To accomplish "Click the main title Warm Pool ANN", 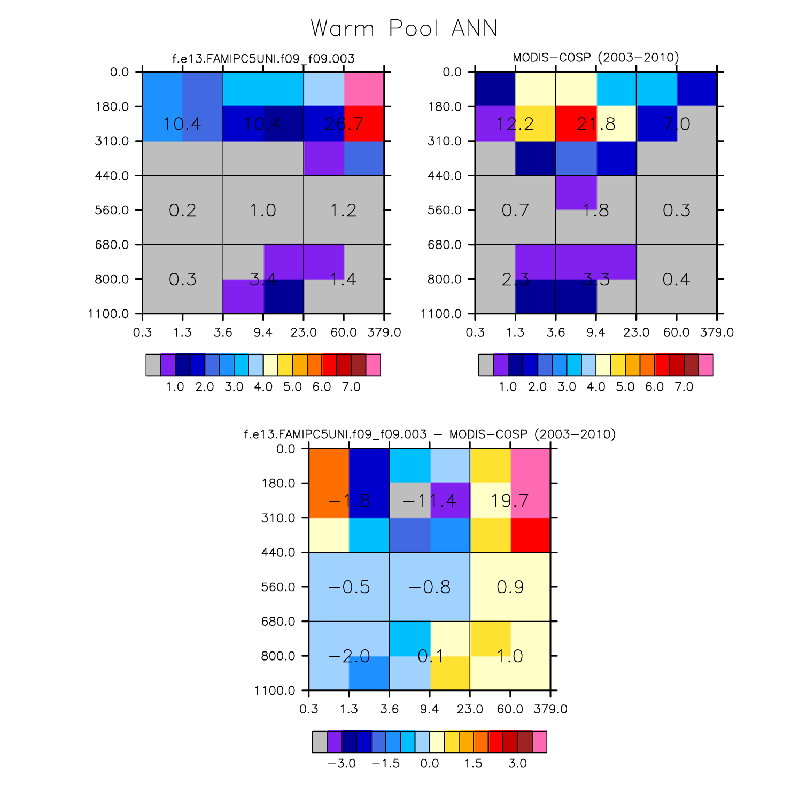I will (x=403, y=28).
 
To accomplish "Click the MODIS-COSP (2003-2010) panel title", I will (x=595, y=58).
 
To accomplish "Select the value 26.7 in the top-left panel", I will (x=344, y=124).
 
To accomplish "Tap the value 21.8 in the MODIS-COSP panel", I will (x=596, y=124).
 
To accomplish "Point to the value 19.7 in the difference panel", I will (x=510, y=501).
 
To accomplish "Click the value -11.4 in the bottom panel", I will (x=430, y=501).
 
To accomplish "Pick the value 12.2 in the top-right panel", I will (x=515, y=124).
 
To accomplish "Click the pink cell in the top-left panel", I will (x=364, y=89).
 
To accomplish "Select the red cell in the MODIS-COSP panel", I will (x=576, y=123).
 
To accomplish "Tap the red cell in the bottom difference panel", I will (x=531, y=535).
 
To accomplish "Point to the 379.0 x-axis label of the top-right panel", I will (x=717, y=332).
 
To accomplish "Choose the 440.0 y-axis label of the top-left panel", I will (x=112, y=176).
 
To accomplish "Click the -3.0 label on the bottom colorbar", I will (x=342, y=764).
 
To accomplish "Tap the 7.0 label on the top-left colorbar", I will (x=351, y=387).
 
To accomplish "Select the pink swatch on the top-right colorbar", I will (x=706, y=365).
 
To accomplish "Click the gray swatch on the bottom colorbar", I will (x=320, y=742).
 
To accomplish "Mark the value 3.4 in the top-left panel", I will (x=263, y=279).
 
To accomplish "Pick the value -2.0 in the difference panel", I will (x=349, y=656).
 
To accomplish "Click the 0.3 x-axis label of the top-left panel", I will (x=142, y=332).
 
